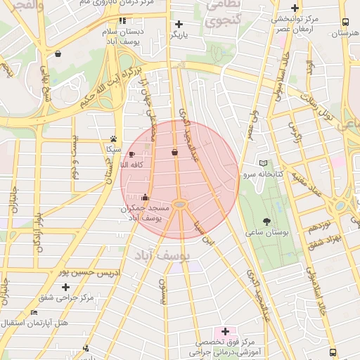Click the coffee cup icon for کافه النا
coord(131,153)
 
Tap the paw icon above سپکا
coord(113,139)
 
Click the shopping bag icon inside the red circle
coord(174,153)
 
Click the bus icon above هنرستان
coord(345,22)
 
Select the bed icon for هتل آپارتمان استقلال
coord(34,313)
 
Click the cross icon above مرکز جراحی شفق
coord(66,287)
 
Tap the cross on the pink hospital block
coord(225,331)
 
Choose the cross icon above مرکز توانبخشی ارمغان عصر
coord(295,8)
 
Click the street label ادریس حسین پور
coord(89,271)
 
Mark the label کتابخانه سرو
coord(264,173)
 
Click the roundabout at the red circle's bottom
coord(180,205)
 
